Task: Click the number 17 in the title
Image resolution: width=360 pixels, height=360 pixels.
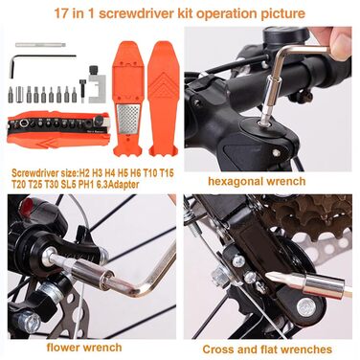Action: [x=60, y=13]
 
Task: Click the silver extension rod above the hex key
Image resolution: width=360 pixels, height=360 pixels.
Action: [x=40, y=45]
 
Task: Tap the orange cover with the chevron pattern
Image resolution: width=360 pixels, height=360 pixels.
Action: [x=164, y=99]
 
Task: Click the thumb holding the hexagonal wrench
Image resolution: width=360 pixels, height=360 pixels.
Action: [x=339, y=45]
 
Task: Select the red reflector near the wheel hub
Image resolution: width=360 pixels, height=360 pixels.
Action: [x=25, y=208]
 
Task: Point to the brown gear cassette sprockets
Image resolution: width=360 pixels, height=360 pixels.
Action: [x=306, y=214]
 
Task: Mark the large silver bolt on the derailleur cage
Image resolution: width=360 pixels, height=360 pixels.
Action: [x=305, y=307]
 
